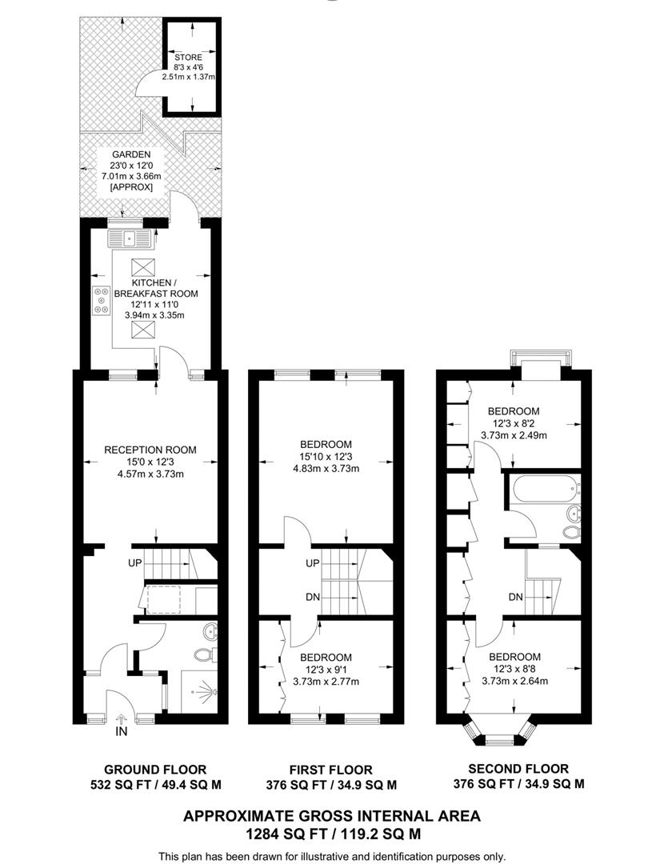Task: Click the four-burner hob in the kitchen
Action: tap(102, 299)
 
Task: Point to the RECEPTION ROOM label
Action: tap(150, 450)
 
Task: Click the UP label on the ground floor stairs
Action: tap(134, 563)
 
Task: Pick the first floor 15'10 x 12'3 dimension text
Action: tap(326, 456)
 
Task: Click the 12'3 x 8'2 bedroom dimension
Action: tap(514, 423)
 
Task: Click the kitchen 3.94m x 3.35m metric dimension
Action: tap(154, 315)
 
